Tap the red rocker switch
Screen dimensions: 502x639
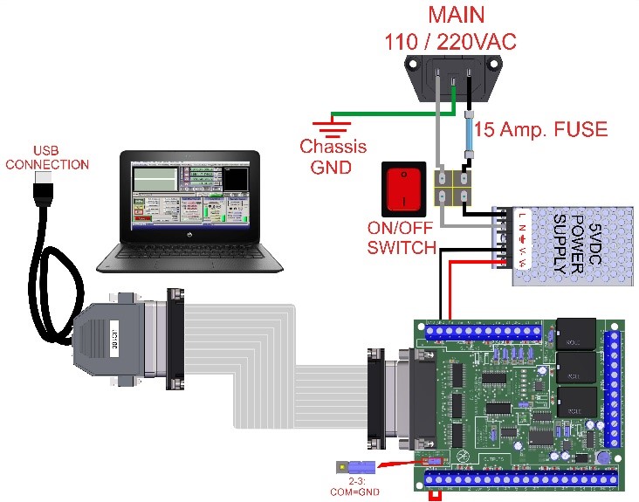click(x=402, y=188)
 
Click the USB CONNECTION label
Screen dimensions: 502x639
click(x=47, y=157)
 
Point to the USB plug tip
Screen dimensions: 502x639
click(x=42, y=180)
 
